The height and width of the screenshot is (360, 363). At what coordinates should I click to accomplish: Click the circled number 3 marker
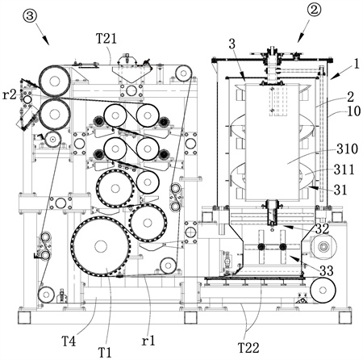pos(30,16)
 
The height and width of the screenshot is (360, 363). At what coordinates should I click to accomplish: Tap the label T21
pos(106,39)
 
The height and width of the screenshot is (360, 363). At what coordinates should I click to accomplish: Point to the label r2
pos(10,95)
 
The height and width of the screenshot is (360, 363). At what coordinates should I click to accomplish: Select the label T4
pos(69,341)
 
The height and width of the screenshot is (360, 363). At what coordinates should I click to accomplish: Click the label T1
pos(105,352)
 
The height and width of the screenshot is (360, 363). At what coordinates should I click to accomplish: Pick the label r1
pos(148,341)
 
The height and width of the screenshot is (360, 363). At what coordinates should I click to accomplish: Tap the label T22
pos(248,348)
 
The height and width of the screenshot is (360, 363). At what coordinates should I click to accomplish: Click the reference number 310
pos(347,149)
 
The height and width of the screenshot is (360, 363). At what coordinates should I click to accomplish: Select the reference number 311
pos(344,170)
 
